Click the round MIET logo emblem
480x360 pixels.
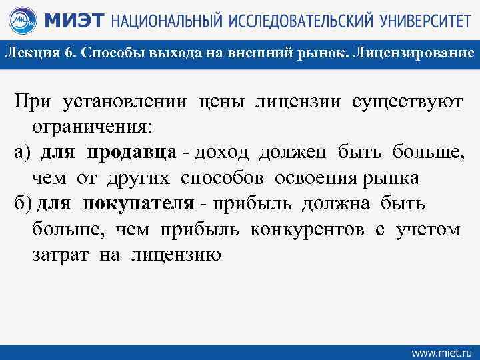tap(21, 21)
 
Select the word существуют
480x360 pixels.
tap(407, 103)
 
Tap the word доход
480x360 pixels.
tap(222, 153)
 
